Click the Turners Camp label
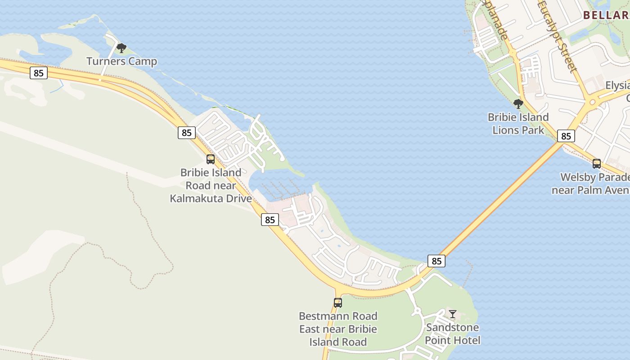click(121, 61)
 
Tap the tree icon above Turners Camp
click(121, 48)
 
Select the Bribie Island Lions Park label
click(518, 124)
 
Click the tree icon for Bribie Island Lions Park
click(518, 104)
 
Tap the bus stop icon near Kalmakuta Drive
click(210, 159)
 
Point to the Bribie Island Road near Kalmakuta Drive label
click(211, 185)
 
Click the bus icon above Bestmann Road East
click(338, 303)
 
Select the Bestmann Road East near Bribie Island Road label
click(338, 329)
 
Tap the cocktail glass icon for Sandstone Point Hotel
click(453, 314)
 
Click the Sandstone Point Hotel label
click(453, 333)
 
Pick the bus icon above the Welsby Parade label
click(597, 164)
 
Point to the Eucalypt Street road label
click(557, 36)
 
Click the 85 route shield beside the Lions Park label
click(566, 136)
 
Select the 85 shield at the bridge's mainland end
click(436, 261)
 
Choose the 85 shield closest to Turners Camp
click(39, 73)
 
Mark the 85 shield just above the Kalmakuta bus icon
click(187, 133)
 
